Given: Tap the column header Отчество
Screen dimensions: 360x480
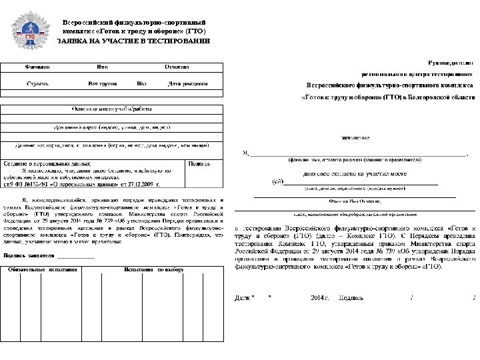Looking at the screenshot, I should click(177, 67).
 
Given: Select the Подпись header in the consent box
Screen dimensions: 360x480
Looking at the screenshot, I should click(200, 163).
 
